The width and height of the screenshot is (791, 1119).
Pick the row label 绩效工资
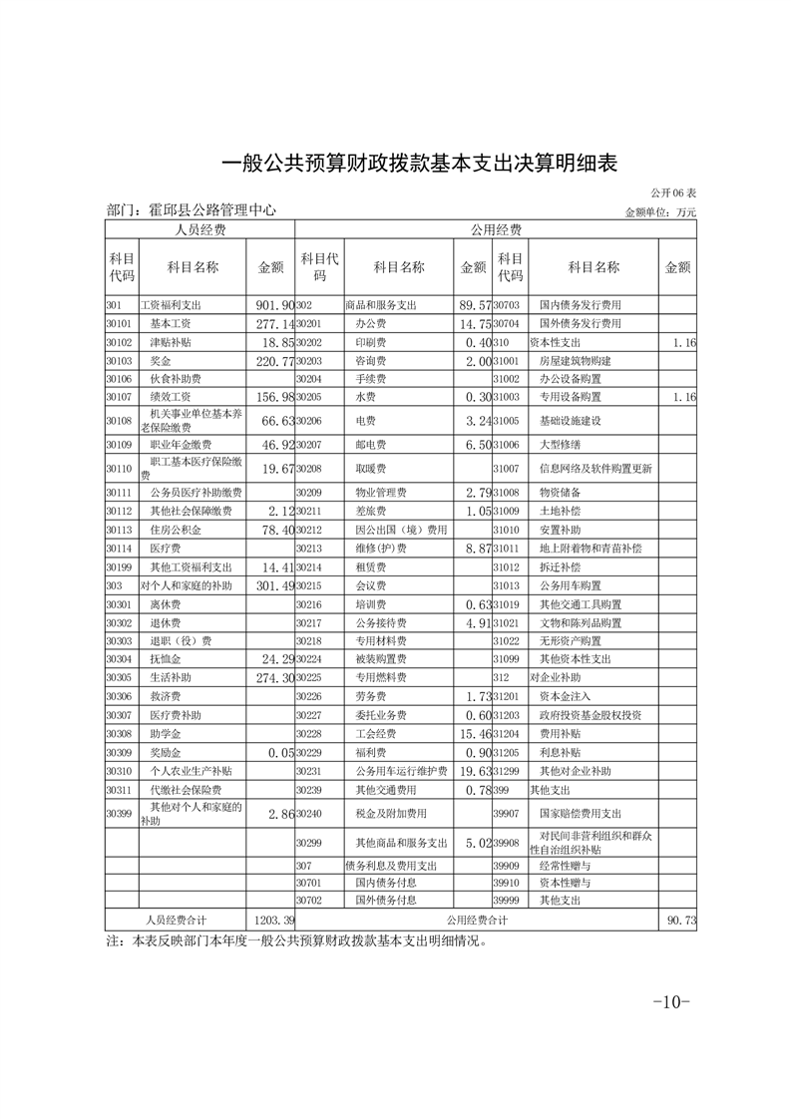[171, 396]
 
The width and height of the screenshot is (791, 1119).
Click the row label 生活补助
[171, 677]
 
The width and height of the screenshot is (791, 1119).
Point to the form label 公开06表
[673, 191]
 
